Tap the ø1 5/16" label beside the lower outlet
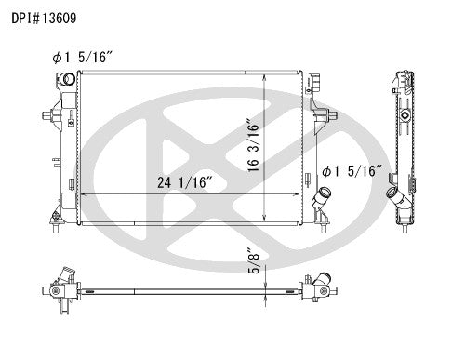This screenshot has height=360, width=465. click(x=351, y=171)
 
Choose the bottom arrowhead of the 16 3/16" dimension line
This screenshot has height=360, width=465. click(x=268, y=220)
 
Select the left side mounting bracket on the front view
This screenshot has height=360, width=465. click(x=48, y=116)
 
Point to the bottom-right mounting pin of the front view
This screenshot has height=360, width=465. click(x=322, y=224)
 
